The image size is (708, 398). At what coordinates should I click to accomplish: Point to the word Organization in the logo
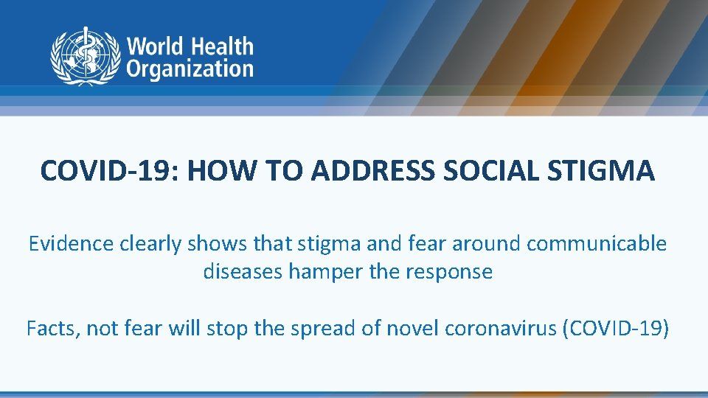pos(190,69)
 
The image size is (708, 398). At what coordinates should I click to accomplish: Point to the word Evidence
pos(70,244)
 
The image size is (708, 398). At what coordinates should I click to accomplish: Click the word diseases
pos(243,272)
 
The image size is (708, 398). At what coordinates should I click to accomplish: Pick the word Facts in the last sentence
pos(52,327)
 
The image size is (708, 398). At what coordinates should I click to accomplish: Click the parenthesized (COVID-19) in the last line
pos(616,327)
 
